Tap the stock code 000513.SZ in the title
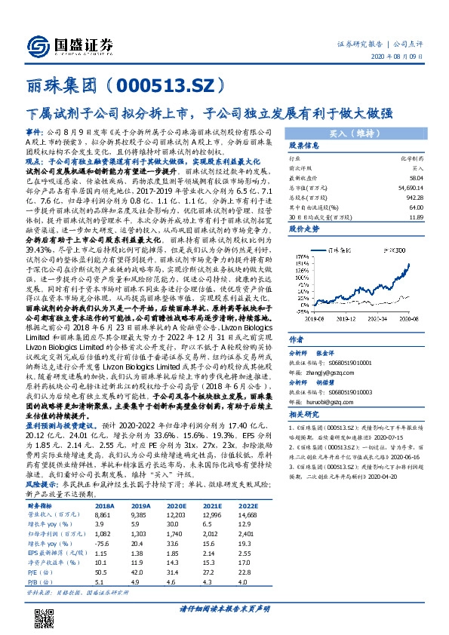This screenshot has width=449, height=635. [x=165, y=84]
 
